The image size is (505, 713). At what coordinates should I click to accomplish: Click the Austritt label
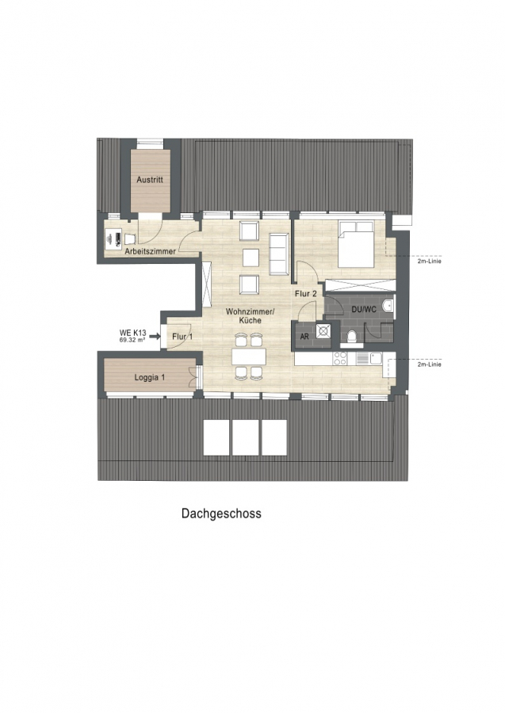click(x=150, y=180)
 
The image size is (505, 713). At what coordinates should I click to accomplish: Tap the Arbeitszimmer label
click(x=150, y=251)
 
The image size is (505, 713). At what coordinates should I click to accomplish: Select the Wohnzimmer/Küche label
click(x=250, y=315)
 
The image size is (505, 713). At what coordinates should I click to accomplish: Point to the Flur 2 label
click(x=305, y=294)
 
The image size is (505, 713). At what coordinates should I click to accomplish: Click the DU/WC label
click(x=364, y=310)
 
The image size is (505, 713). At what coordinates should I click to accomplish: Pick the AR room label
click(x=304, y=337)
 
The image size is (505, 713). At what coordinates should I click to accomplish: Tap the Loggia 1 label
click(x=150, y=377)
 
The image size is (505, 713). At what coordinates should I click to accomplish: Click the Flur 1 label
click(x=182, y=337)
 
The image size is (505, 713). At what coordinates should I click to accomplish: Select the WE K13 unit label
click(x=133, y=333)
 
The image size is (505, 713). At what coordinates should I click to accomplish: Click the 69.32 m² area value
click(x=132, y=339)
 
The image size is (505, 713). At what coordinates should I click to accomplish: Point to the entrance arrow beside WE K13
click(x=155, y=337)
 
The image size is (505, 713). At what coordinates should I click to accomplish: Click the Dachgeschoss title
click(x=221, y=513)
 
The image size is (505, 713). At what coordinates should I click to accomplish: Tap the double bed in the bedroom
click(x=356, y=244)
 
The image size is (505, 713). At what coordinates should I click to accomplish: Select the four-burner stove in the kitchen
click(x=340, y=358)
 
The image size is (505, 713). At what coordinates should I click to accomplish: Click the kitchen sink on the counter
click(x=375, y=358)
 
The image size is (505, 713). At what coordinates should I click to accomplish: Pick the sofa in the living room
click(x=279, y=254)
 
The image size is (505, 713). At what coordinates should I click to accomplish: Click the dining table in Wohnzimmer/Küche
click(x=248, y=356)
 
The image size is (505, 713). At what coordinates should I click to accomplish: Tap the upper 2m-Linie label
click(x=429, y=261)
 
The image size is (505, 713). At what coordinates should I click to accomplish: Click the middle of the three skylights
click(x=245, y=437)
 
